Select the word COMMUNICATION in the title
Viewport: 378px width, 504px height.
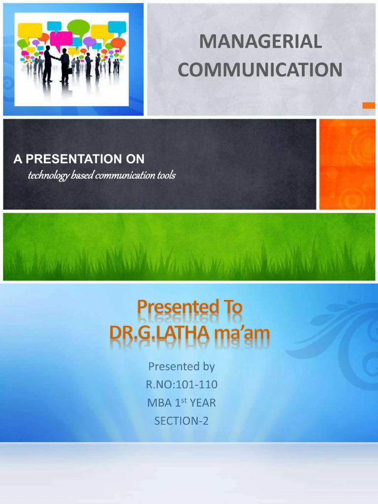coord(260,70)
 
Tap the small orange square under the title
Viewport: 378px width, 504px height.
coord(368,105)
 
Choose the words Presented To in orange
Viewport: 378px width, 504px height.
coord(189,307)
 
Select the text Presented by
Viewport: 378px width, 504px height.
coord(182,367)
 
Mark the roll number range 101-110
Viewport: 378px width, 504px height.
coord(196,385)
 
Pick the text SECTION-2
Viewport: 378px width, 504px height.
coord(182,421)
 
